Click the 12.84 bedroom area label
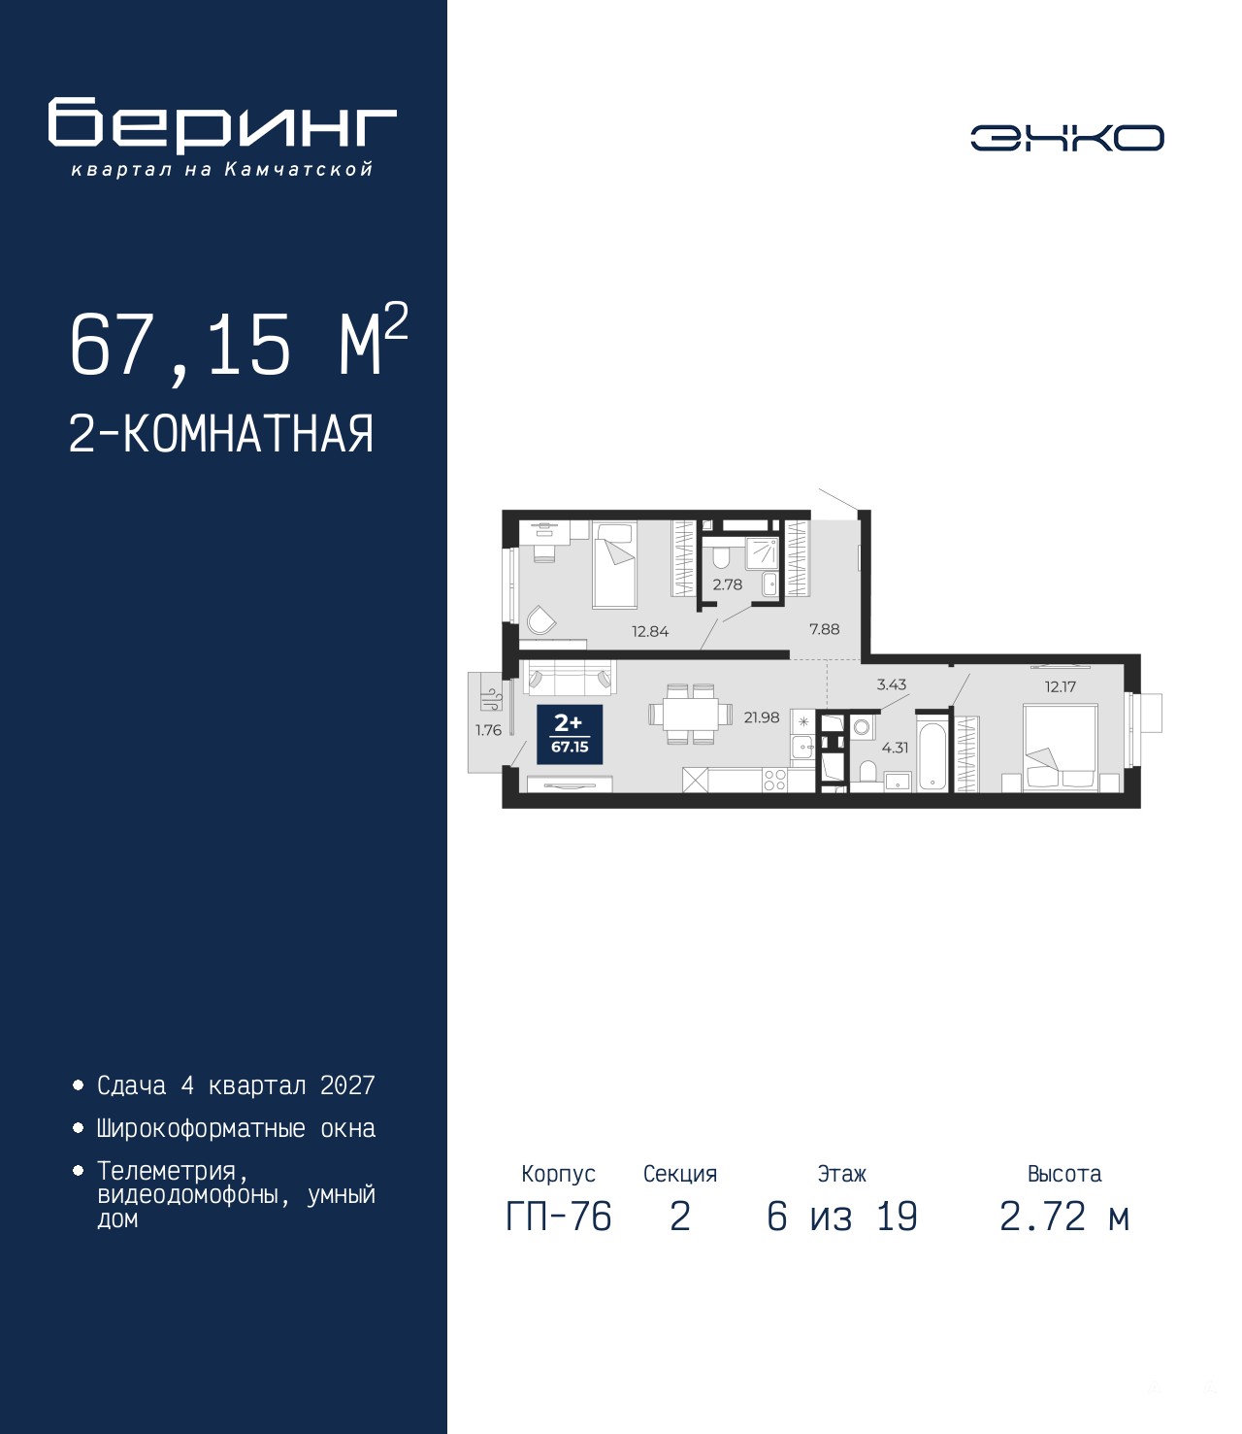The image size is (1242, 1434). pos(649,631)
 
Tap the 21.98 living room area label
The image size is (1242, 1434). pos(762,717)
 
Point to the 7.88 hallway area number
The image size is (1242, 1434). pos(824,629)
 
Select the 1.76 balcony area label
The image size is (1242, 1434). pos(488,730)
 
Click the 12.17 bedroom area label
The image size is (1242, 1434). pos(1061,686)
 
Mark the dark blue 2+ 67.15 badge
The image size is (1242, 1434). pos(570,735)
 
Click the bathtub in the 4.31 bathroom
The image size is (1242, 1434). pos(931,757)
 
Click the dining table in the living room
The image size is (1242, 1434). pos(690,714)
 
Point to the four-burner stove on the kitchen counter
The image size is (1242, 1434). pos(774,781)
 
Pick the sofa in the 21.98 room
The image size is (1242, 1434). pos(571,678)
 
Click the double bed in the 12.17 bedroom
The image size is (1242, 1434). pos(1061,749)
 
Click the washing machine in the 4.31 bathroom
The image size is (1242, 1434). pos(862,727)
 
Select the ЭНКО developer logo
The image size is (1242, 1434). pos(1066,137)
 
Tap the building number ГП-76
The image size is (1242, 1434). pos(558,1217)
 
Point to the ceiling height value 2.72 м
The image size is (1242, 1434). pos(1063,1217)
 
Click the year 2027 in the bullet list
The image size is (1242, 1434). pos(347,1085)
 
